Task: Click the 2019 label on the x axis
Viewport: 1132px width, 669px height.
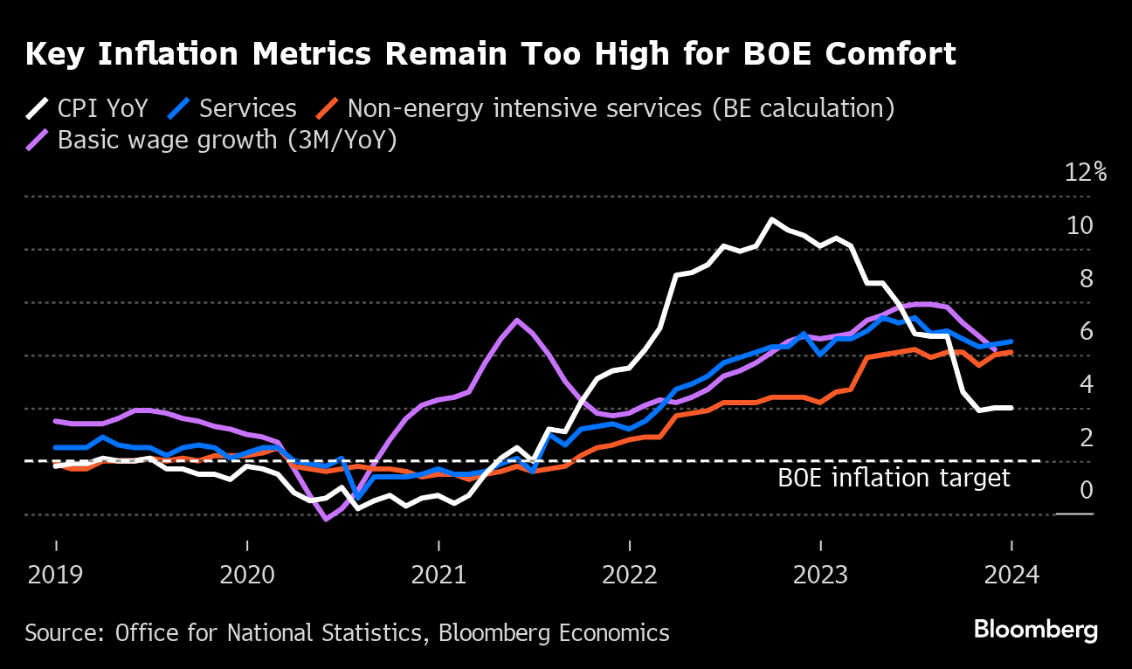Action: point(56,576)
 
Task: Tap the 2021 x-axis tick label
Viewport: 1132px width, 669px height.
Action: point(438,576)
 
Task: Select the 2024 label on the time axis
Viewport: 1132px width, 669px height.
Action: point(1011,576)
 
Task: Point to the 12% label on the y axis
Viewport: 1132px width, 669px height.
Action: point(1086,172)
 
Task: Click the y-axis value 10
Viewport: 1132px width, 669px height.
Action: point(1080,225)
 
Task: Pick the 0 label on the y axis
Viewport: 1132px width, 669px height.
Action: point(1086,490)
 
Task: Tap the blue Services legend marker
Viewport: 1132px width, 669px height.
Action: point(180,109)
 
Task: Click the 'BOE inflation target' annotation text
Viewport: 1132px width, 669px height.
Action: point(894,478)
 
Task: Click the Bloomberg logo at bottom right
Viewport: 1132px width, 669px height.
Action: point(1035,630)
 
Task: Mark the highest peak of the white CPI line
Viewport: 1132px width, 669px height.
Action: point(772,219)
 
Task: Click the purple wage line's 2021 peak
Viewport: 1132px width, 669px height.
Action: point(517,320)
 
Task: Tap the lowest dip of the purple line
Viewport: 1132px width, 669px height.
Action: point(326,520)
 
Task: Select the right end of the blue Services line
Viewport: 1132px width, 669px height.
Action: point(1011,341)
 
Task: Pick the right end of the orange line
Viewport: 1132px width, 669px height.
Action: point(1011,352)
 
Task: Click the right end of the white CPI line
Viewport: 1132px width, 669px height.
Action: point(1011,408)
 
